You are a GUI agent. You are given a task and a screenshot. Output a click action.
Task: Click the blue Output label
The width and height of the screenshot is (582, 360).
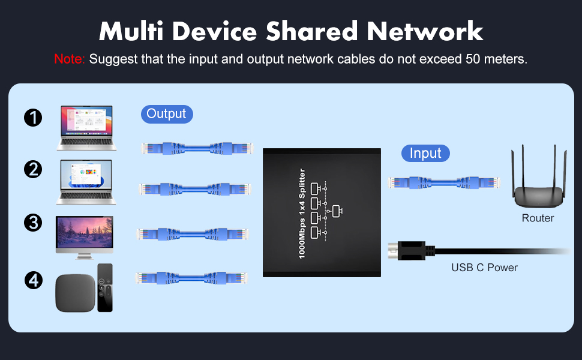tap(167, 113)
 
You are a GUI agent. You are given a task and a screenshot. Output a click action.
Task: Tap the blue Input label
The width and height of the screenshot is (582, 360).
tap(425, 153)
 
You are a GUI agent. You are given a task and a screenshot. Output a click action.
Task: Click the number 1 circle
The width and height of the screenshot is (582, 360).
tap(34, 117)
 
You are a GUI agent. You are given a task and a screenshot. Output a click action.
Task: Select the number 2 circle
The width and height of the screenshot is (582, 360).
tap(34, 170)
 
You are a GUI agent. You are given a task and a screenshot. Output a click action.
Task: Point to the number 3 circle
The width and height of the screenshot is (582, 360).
tap(34, 223)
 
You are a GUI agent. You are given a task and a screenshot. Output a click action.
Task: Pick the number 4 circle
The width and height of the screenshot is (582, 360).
tap(34, 280)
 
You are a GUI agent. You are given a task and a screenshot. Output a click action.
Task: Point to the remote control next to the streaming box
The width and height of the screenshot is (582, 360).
tap(104, 287)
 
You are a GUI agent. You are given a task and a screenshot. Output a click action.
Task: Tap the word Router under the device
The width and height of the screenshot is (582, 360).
tap(538, 218)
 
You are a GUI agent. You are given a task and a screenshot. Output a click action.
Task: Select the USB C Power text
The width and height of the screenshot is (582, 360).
tap(484, 268)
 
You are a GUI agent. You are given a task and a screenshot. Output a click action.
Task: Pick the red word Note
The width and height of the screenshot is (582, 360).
tap(70, 59)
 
